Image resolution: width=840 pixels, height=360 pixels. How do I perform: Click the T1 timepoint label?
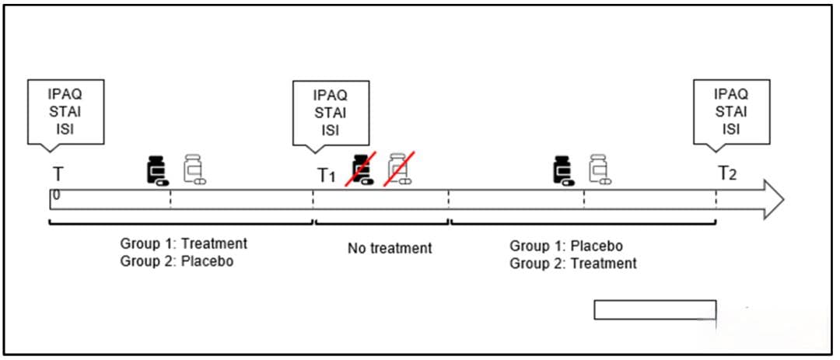326,176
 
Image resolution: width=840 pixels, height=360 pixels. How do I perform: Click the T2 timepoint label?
726,173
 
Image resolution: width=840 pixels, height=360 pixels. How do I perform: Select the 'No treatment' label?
389,249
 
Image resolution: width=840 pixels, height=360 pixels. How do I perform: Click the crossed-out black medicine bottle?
360,170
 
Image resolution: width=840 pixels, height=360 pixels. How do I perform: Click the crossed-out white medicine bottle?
399,170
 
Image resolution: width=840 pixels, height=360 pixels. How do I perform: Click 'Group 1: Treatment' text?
184,244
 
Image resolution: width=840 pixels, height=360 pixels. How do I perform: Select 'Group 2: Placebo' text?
177,261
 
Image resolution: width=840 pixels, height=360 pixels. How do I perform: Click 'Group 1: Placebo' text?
566,246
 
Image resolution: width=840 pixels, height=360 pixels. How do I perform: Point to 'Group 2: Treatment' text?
573,264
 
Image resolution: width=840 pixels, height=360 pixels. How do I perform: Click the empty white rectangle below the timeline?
654,309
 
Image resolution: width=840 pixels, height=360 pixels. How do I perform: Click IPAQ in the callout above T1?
331,95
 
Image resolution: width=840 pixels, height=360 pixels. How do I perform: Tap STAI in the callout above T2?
731,111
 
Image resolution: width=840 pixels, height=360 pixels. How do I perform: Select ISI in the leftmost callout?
65,128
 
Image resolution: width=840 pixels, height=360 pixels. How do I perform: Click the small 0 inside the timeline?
56,195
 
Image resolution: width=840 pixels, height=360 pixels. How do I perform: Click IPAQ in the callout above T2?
731,94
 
